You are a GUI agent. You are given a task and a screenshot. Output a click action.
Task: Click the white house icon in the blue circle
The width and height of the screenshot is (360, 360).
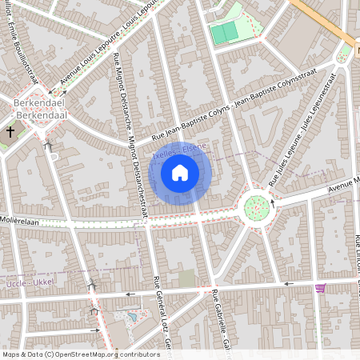click(x=180, y=172)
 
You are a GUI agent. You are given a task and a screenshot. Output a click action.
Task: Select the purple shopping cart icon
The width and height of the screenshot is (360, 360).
click(x=321, y=288)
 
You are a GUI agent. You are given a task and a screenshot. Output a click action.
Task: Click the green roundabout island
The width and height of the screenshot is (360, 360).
click(x=256, y=209)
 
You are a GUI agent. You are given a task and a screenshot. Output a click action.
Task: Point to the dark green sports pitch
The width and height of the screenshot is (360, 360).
click(x=224, y=32)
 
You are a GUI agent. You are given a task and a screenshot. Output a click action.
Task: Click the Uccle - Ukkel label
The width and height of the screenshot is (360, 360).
click(x=31, y=285)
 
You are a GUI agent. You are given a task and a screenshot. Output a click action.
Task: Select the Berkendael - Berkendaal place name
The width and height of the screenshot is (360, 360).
click(x=38, y=109)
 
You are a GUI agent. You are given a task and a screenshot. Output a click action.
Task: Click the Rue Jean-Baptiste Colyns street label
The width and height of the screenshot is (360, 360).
click(x=240, y=104)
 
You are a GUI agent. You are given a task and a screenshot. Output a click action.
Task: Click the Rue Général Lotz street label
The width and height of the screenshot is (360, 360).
click(x=161, y=316)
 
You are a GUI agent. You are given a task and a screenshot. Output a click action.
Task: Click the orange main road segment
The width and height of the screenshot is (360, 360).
click(x=324, y=20)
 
